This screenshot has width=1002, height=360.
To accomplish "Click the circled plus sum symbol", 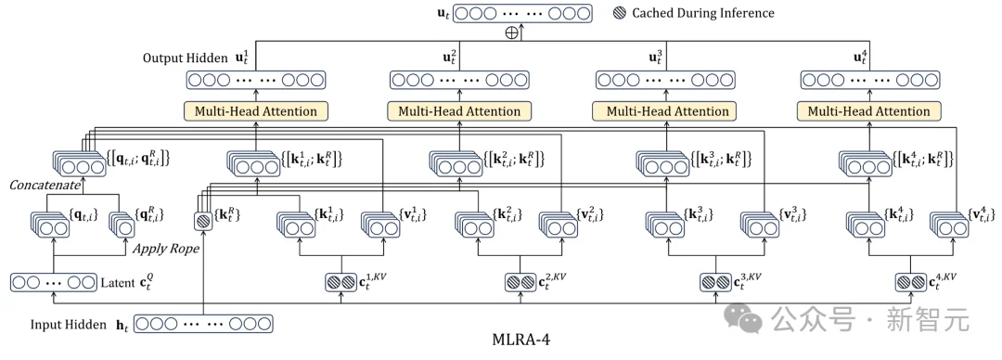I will pos(509,32).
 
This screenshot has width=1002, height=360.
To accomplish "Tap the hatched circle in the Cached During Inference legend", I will pos(619,13).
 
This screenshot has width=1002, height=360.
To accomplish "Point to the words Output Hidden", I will pos(181,58).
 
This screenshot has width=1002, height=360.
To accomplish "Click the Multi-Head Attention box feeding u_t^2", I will pos(459,111).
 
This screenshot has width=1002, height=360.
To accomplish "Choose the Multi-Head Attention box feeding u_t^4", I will pos(868,111).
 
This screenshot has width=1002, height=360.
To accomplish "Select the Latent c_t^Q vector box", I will pos(53,281).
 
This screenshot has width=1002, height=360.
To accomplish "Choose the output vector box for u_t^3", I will pos(664,80).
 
